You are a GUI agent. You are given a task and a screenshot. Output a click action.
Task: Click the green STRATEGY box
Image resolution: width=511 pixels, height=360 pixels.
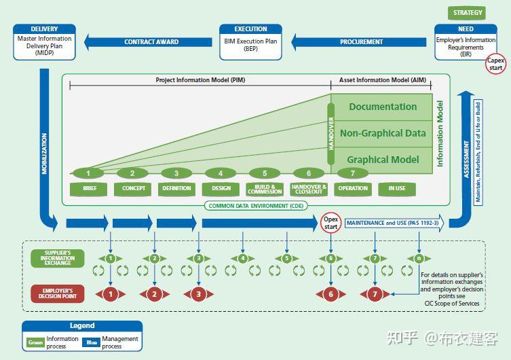tap(468, 12)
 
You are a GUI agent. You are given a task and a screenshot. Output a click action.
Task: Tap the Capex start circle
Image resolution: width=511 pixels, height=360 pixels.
tap(496, 64)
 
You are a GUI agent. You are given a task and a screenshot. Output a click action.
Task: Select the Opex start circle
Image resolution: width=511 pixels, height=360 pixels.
tap(330, 223)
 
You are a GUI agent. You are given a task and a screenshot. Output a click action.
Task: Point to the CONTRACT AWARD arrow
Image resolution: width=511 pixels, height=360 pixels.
tap(151, 42)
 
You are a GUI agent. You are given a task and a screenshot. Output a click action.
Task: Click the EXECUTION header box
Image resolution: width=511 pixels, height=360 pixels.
tap(250, 29)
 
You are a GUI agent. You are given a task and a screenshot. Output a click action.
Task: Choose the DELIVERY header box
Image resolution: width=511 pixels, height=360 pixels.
tap(44, 29)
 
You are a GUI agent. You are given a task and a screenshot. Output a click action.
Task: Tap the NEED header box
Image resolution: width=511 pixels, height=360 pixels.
tap(466, 29)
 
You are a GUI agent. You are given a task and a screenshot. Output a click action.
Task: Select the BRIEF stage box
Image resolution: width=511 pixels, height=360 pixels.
tap(90, 188)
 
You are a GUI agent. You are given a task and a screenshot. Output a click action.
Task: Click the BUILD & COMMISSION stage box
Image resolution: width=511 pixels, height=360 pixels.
tap(265, 188)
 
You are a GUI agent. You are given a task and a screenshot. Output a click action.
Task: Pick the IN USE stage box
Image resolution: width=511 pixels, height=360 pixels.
tap(396, 188)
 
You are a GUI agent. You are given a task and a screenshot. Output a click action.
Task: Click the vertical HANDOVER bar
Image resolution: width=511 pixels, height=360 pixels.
tap(332, 128)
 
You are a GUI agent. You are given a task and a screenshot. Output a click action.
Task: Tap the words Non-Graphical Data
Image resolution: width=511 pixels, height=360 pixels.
tap(383, 133)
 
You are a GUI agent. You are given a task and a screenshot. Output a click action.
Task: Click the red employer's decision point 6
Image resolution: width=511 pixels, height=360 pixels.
tap(330, 294)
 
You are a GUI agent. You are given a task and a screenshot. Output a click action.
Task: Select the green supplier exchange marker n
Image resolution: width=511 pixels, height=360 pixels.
tap(419, 258)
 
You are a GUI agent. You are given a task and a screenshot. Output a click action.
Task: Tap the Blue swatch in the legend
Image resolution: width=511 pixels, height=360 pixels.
tap(92, 342)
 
